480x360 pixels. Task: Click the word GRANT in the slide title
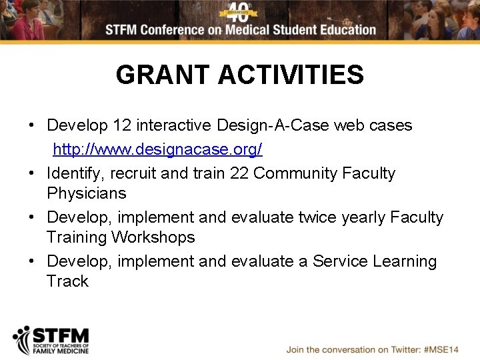click(163, 75)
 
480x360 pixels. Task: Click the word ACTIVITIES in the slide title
click(291, 75)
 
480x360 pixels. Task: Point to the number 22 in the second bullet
click(239, 173)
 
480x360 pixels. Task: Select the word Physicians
click(86, 194)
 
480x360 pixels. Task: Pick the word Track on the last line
click(67, 281)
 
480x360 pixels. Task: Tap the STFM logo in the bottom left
click(51, 340)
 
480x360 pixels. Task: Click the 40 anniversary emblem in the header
click(239, 13)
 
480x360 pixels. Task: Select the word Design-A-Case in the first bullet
click(273, 125)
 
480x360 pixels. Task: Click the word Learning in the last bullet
click(405, 261)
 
